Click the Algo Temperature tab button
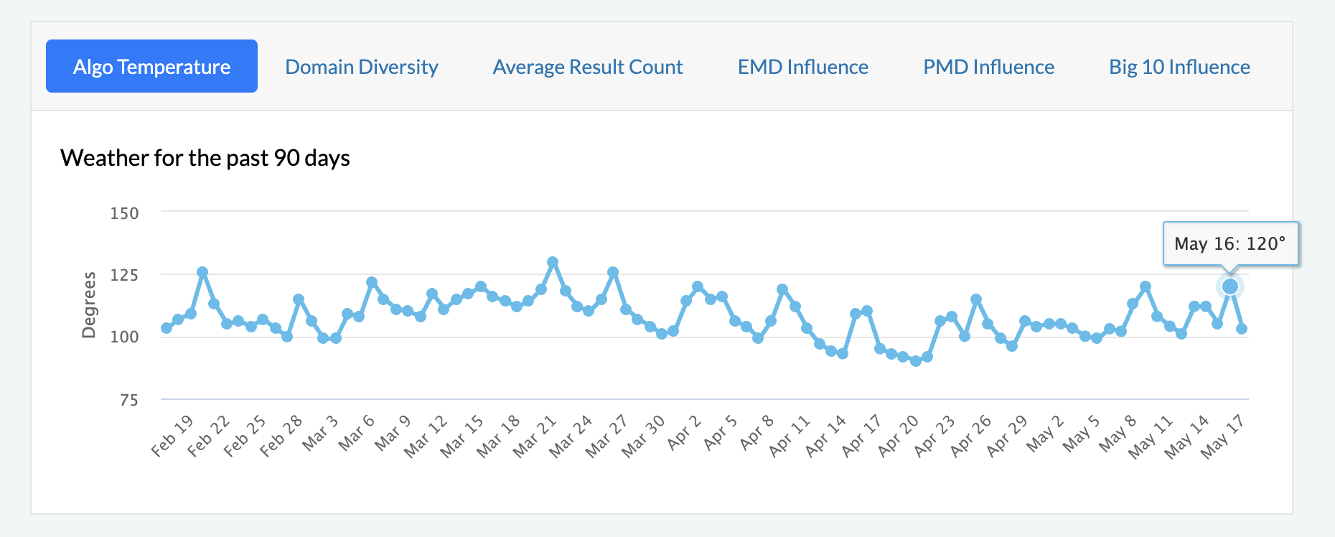pyautogui.click(x=151, y=67)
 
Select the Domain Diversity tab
pyautogui.click(x=362, y=67)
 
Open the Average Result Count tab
pyautogui.click(x=588, y=67)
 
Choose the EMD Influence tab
pyautogui.click(x=803, y=67)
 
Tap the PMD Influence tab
pyautogui.click(x=988, y=67)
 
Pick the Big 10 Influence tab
pyautogui.click(x=1179, y=67)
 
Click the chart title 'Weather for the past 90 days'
pyautogui.click(x=205, y=158)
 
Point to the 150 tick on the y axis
pyautogui.click(x=124, y=213)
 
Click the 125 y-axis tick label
pyautogui.click(x=124, y=275)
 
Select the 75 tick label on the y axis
pyautogui.click(x=129, y=400)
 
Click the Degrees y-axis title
pyautogui.click(x=89, y=304)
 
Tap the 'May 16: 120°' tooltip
pyautogui.click(x=1230, y=244)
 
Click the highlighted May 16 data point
pyautogui.click(x=1230, y=286)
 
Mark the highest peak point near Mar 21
pyautogui.click(x=553, y=263)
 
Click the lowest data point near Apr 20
pyautogui.click(x=916, y=361)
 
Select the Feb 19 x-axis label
pyautogui.click(x=173, y=436)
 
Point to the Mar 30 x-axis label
pyautogui.click(x=644, y=436)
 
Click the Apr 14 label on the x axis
pyautogui.click(x=826, y=436)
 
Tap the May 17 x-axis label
pyautogui.click(x=1223, y=436)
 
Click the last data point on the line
pyautogui.click(x=1242, y=329)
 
